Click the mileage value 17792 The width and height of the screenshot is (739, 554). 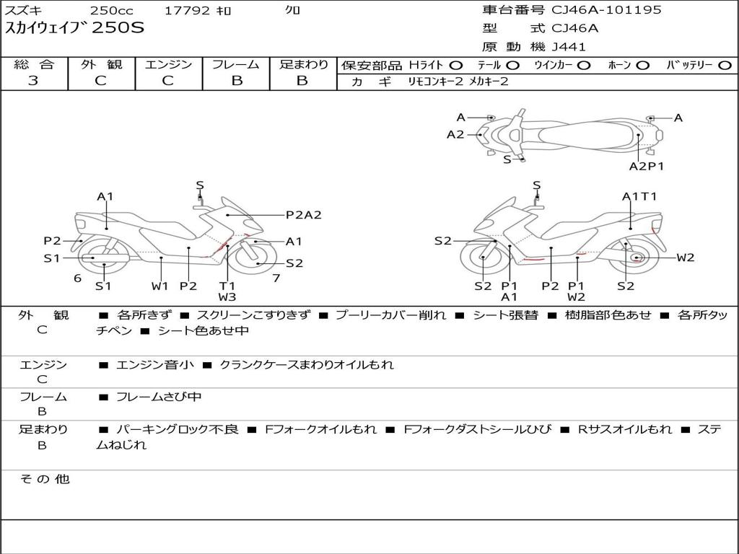pyautogui.click(x=187, y=11)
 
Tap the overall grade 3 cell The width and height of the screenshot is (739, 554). pyautogui.click(x=33, y=81)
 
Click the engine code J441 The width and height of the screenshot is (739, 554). pyautogui.click(x=569, y=47)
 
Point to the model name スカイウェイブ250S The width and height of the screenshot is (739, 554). pyautogui.click(x=75, y=29)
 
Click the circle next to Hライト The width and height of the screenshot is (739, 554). pyautogui.click(x=456, y=66)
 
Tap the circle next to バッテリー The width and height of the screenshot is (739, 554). pyautogui.click(x=725, y=66)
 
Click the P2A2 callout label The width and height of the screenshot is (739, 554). pyautogui.click(x=303, y=214)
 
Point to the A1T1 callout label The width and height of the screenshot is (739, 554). pyautogui.click(x=639, y=196)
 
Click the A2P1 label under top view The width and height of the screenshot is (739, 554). pyautogui.click(x=647, y=166)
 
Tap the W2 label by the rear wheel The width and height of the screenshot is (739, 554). pyautogui.click(x=685, y=258)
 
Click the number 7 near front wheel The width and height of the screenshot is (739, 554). pyautogui.click(x=276, y=278)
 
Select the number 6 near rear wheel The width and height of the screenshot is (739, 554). pyautogui.click(x=77, y=278)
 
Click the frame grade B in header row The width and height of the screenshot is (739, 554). pyautogui.click(x=236, y=81)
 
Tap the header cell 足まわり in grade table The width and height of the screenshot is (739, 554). pyautogui.click(x=303, y=65)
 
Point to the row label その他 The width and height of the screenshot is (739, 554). pyautogui.click(x=44, y=479)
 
